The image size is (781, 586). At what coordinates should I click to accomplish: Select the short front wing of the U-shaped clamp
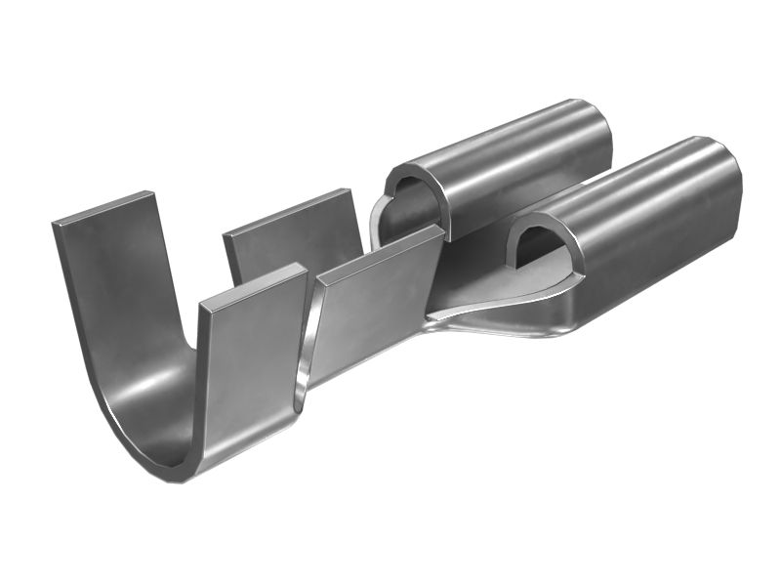(249, 371)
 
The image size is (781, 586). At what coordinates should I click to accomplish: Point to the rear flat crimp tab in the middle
(293, 239)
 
